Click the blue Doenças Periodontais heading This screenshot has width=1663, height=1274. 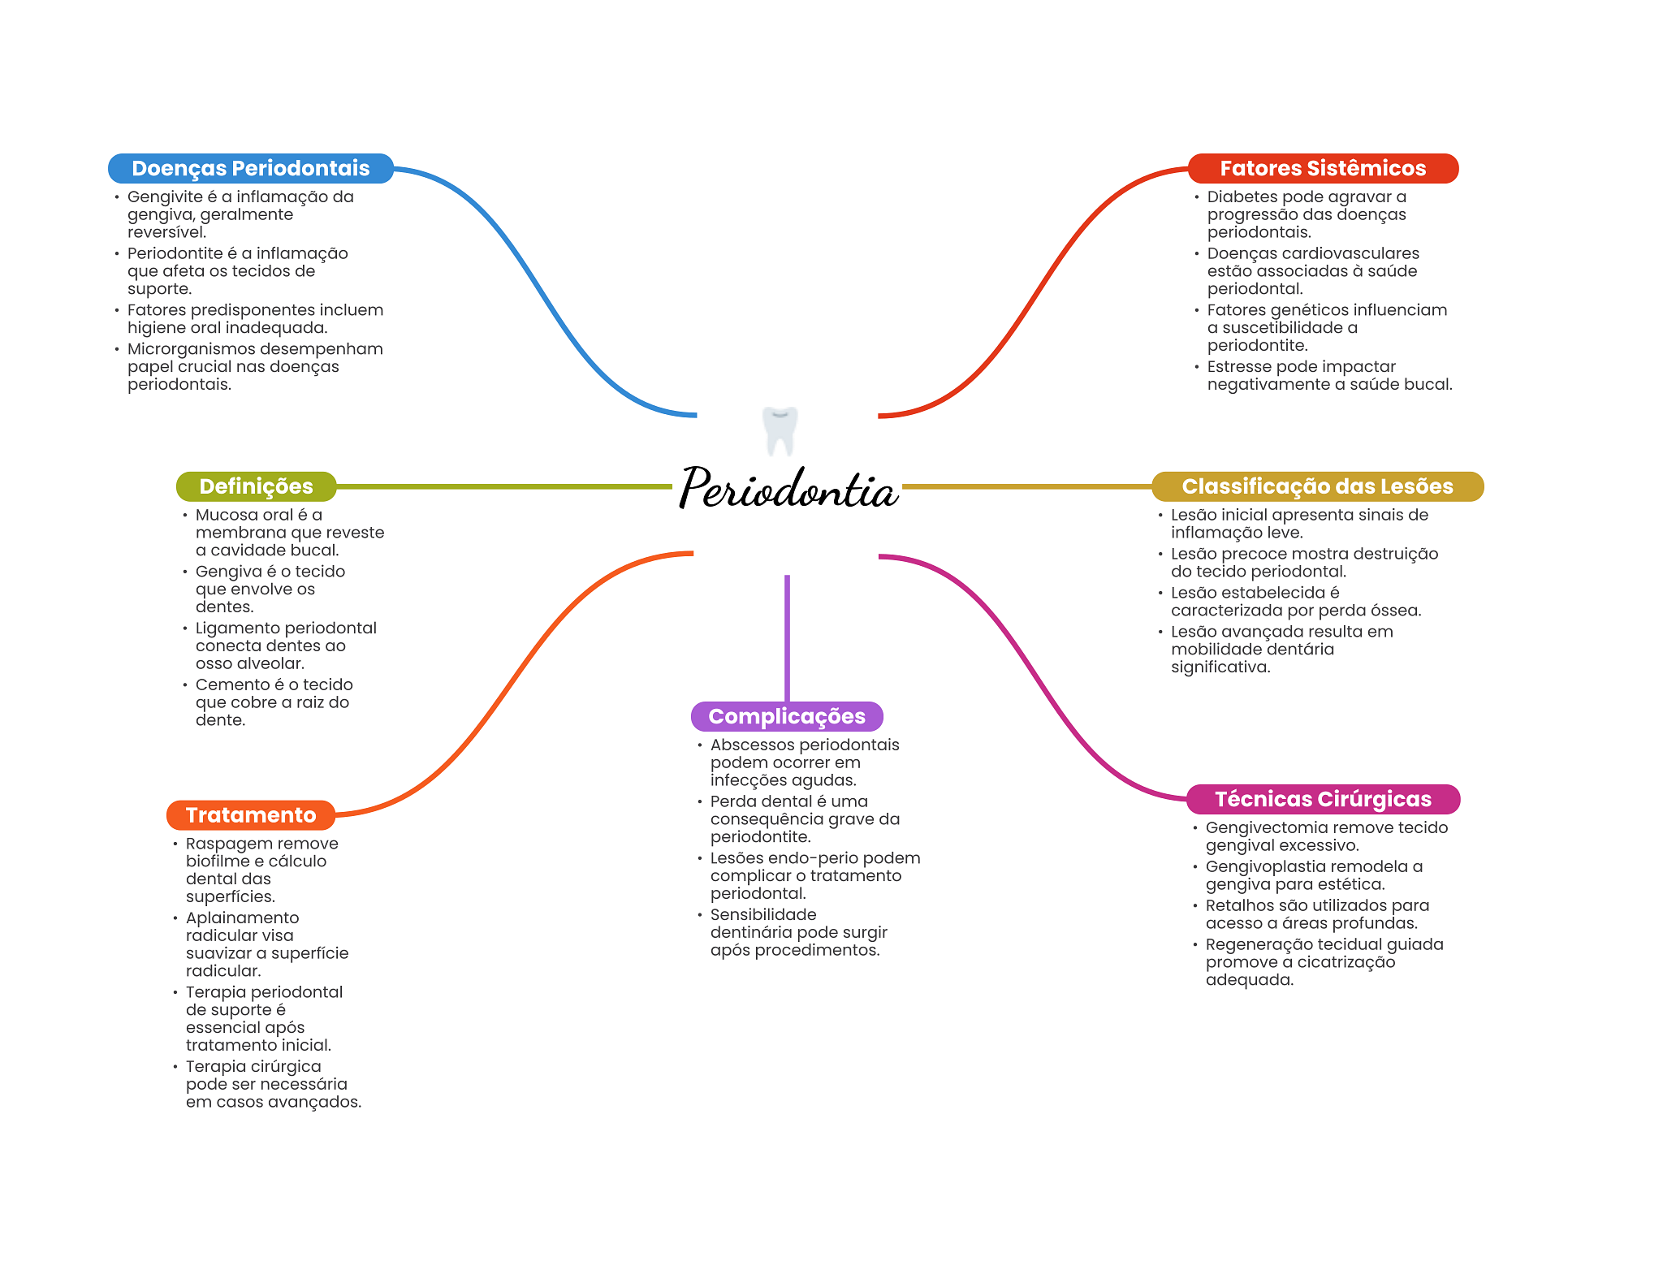pos(250,168)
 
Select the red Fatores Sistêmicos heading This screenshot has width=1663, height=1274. pos(1322,168)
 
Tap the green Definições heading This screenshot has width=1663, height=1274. pos(256,486)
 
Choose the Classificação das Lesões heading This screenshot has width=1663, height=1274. pos(1316,486)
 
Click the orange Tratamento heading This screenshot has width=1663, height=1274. pos(250,815)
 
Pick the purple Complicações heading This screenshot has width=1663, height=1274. pos(786,716)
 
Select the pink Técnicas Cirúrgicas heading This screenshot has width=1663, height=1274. pos(1322,799)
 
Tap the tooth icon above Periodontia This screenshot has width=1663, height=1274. pos(780,430)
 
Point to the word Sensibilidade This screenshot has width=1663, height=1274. pos(762,915)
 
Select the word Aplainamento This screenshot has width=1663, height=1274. pos(242,918)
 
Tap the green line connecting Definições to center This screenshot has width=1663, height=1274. pos(503,486)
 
